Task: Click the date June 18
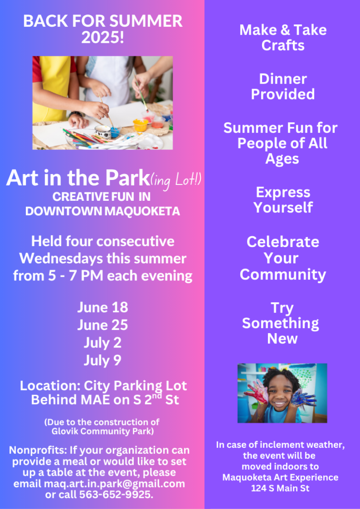102,307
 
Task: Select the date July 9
102,360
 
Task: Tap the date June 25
102,325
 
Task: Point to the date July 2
102,343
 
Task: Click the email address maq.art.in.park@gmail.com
114,484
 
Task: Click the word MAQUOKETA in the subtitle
142,211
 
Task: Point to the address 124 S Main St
280,488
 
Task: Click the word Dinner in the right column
283,79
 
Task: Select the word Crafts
283,45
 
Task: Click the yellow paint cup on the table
141,125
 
